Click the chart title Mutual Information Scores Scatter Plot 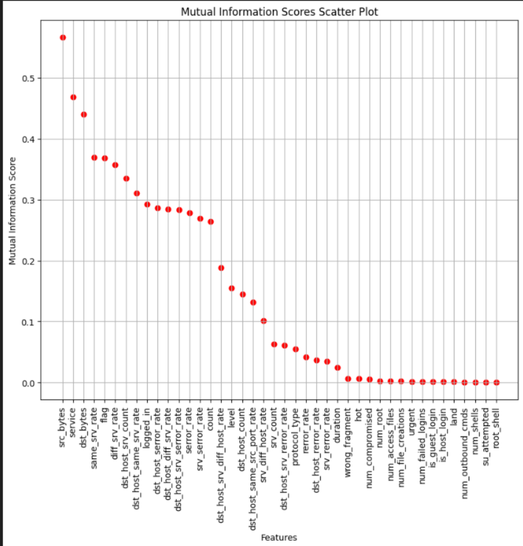click(279, 12)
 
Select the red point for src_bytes click(63, 38)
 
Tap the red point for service click(73, 97)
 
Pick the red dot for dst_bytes click(84, 114)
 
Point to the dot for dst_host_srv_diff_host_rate click(221, 268)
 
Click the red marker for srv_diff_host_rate click(263, 321)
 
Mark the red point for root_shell click(496, 383)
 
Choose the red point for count click(211, 222)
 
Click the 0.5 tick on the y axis click(29, 78)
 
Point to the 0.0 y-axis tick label click(29, 383)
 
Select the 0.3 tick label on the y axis click(29, 200)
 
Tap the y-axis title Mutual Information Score click(12, 211)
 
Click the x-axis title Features click(279, 537)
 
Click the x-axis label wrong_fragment click(348, 435)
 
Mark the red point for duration click(337, 368)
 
